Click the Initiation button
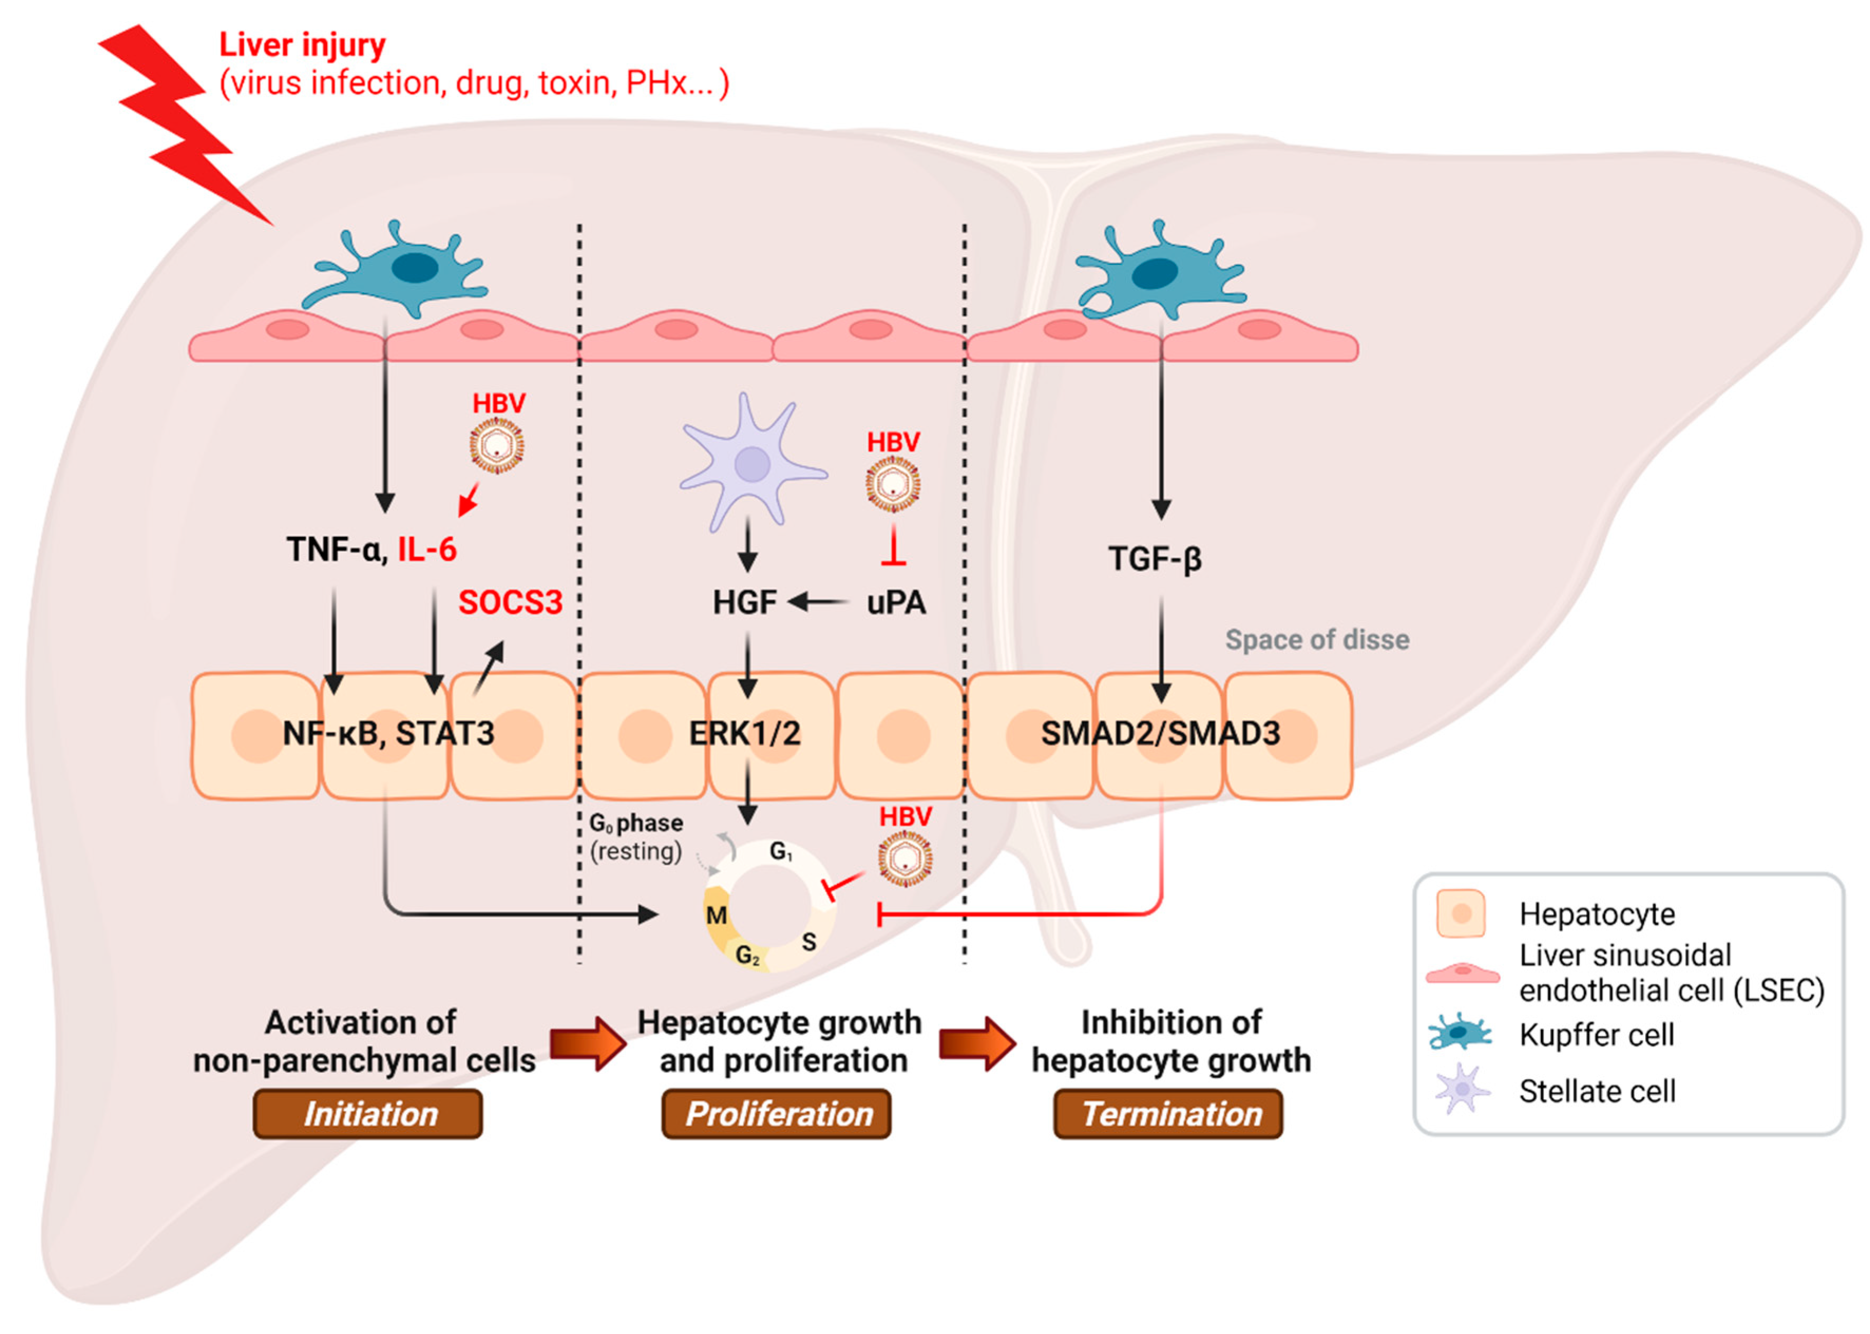pos(367,1115)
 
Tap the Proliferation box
pos(776,1115)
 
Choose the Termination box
pos(1168,1115)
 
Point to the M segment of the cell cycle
pos(716,915)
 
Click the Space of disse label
pos(1317,640)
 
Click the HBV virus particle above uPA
pos(893,485)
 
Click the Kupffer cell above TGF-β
pos(1158,271)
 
